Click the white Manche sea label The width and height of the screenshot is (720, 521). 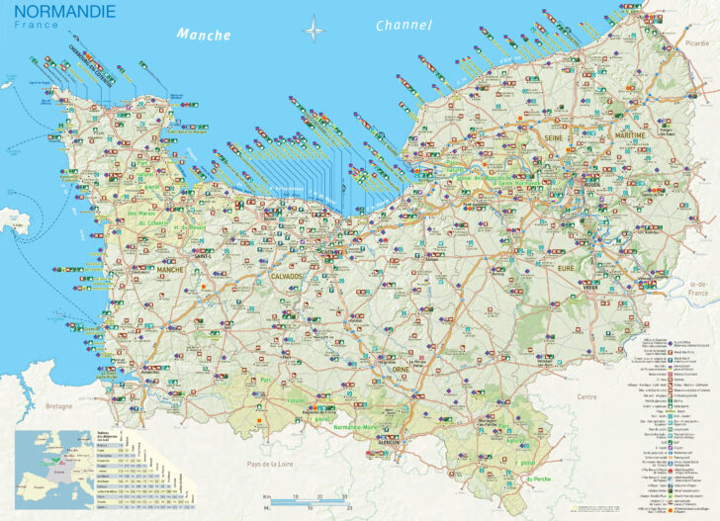[203, 34]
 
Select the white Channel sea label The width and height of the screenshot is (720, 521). [404, 26]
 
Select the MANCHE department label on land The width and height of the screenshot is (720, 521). [170, 268]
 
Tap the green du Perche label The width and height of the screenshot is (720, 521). [539, 478]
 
